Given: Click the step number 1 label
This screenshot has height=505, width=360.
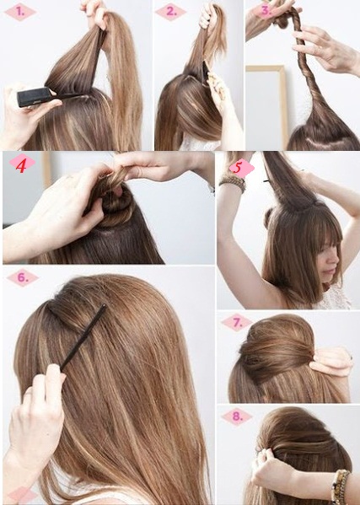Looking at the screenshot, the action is (19, 12).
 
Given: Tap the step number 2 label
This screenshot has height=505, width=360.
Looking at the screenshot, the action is (170, 12).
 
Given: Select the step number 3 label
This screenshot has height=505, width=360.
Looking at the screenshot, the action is (266, 10).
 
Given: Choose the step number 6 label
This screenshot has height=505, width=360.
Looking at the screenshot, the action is (23, 277).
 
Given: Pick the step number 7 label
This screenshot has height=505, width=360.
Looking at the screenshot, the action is (237, 323).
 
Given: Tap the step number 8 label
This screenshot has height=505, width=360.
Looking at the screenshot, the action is (237, 416).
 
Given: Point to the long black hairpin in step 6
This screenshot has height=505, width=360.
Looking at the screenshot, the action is (83, 337).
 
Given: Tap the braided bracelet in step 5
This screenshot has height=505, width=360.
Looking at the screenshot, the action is (233, 183).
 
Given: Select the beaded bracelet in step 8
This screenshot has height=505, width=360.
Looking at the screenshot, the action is (340, 486).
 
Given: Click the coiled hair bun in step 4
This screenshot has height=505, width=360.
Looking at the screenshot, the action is (116, 201).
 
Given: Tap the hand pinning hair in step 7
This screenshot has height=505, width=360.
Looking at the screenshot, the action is (331, 361).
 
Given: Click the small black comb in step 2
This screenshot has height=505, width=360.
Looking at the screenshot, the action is (205, 73).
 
